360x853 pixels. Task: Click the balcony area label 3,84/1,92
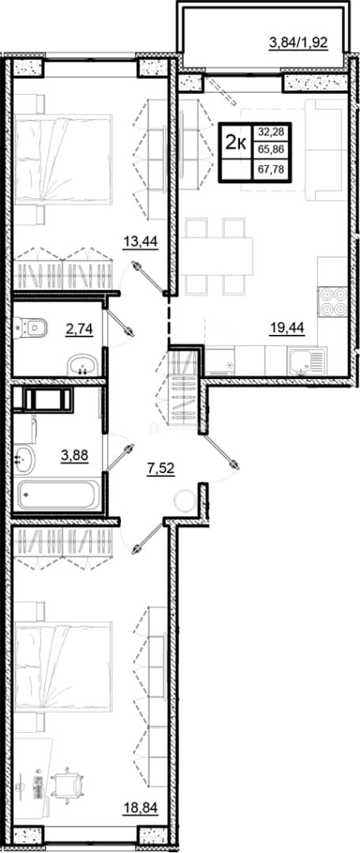pyautogui.click(x=298, y=43)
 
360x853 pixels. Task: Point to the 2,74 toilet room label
pyautogui.click(x=79, y=329)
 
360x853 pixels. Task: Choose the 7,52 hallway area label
pyautogui.click(x=160, y=468)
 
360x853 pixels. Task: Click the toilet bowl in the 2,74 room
pyautogui.click(x=31, y=328)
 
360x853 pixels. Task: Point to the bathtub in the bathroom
pyautogui.click(x=58, y=494)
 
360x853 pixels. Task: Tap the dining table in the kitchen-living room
pyautogui.click(x=219, y=256)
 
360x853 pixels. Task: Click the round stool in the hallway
pyautogui.click(x=185, y=500)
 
